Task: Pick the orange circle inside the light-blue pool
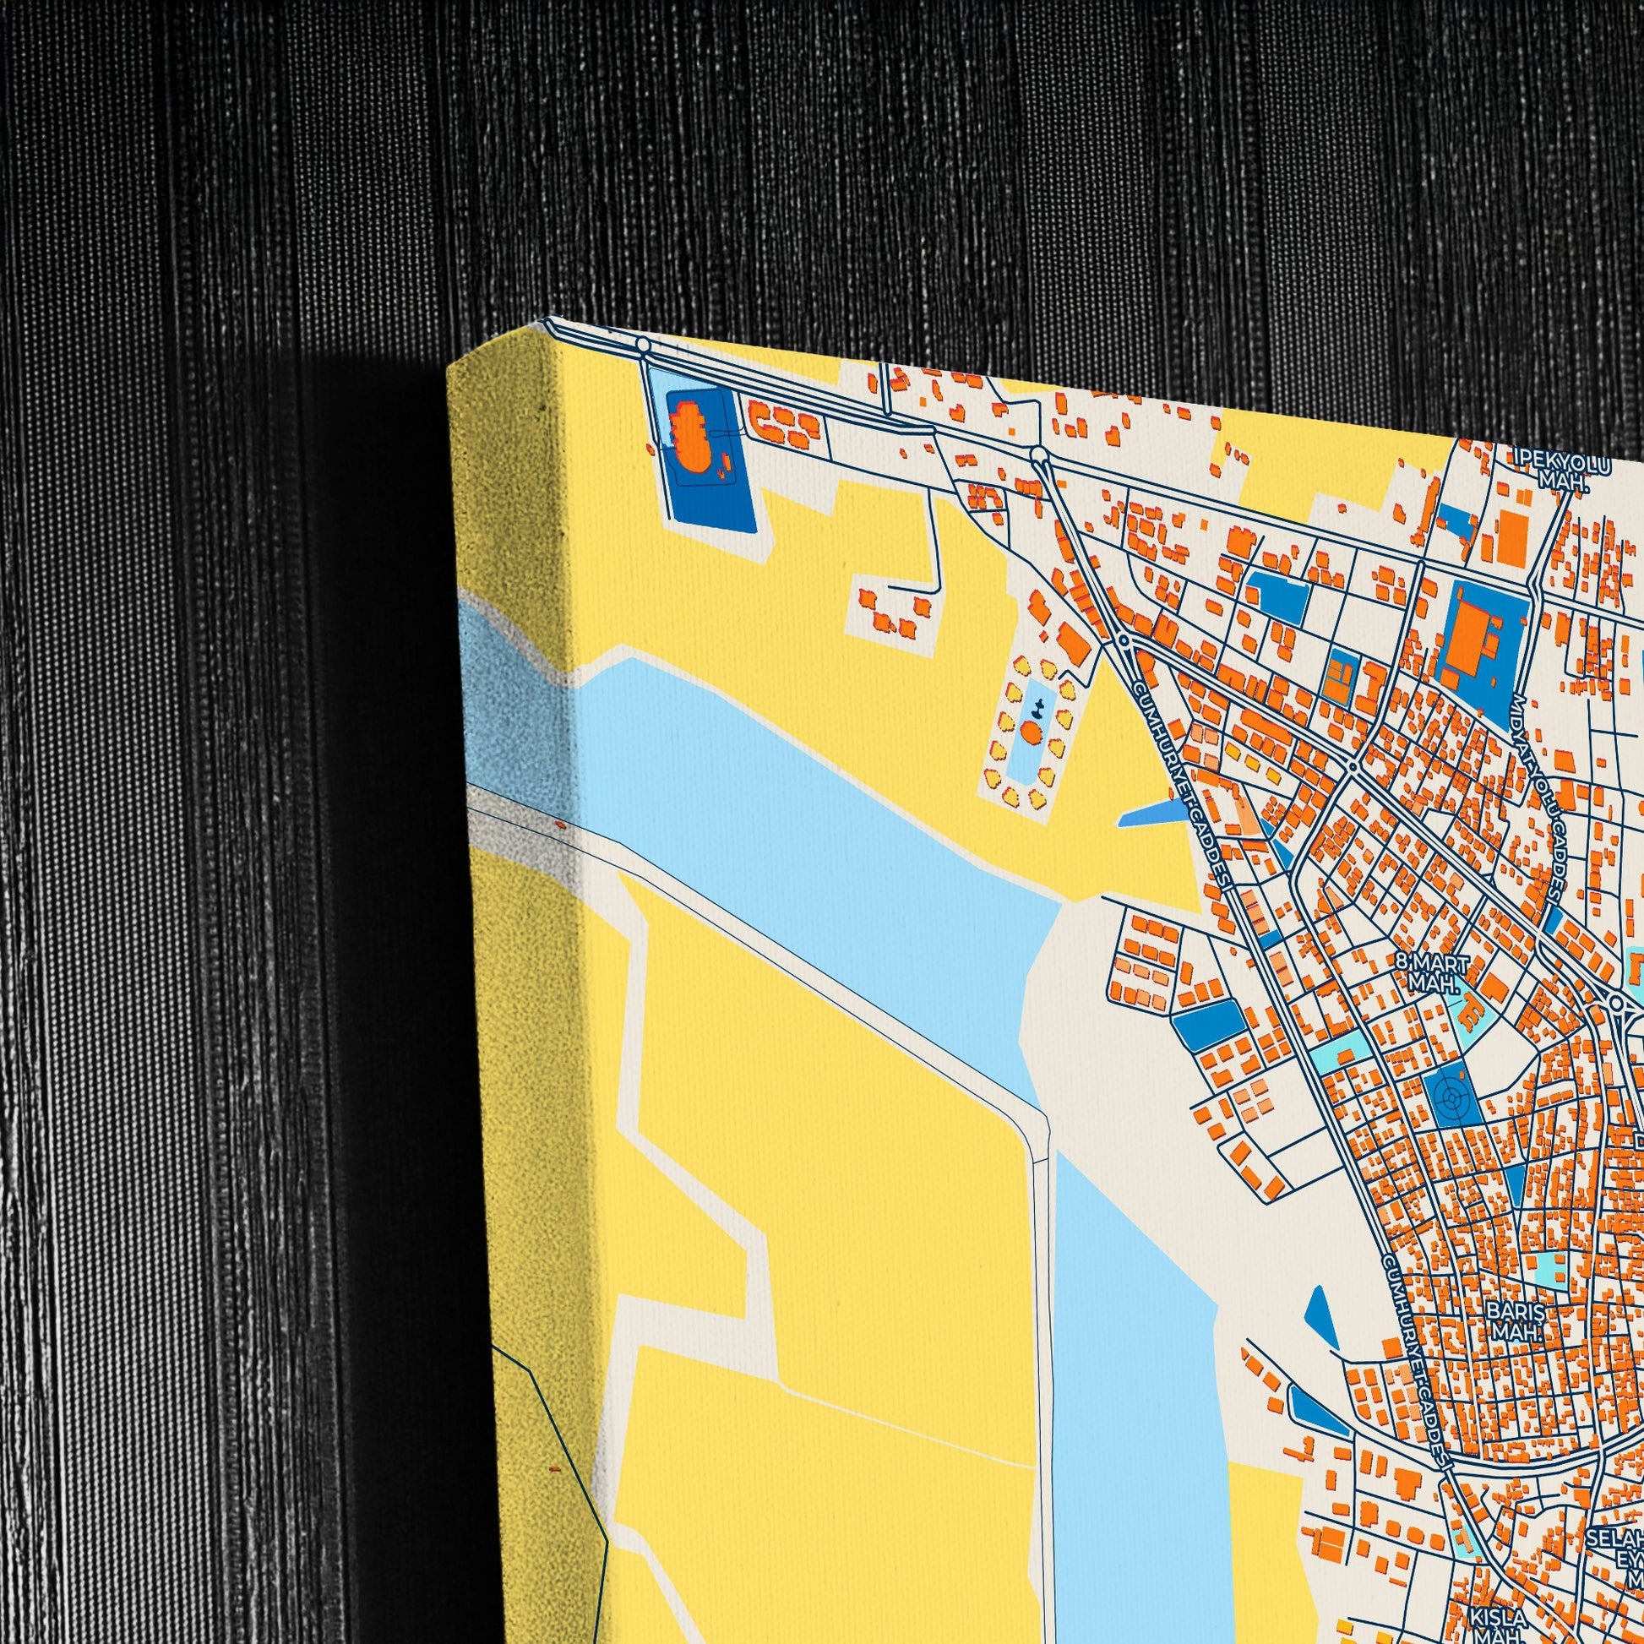click(1032, 732)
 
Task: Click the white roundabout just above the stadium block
click(643, 345)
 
